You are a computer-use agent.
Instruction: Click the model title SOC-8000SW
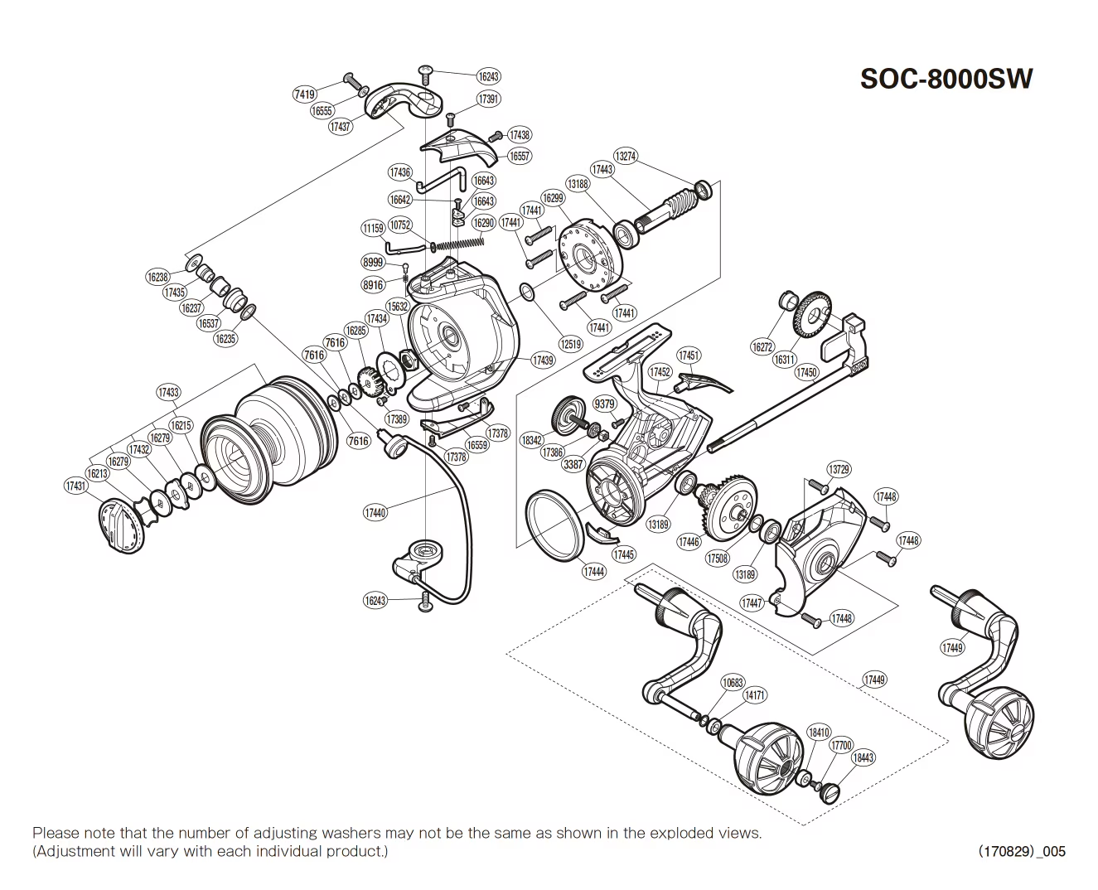[946, 79]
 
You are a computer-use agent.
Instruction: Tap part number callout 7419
[304, 94]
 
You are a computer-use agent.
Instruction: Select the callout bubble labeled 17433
[168, 392]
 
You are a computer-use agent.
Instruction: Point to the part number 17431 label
[75, 486]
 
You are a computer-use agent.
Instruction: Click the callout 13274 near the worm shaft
[625, 155]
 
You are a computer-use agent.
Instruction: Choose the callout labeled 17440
[375, 513]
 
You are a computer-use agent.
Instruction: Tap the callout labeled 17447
[752, 603]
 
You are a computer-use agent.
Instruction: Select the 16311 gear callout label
[784, 360]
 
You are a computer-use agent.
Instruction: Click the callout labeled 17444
[593, 571]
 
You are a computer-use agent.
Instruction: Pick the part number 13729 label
[839, 469]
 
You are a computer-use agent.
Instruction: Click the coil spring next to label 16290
[460, 241]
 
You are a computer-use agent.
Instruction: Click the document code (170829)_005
[1022, 851]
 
